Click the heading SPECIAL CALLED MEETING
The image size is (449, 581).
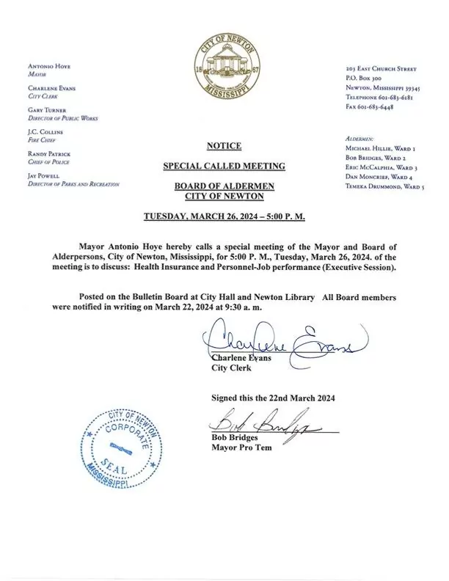pos(224,167)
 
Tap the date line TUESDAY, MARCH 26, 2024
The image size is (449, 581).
pos(224,219)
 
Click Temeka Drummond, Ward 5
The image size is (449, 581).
pos(384,188)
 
